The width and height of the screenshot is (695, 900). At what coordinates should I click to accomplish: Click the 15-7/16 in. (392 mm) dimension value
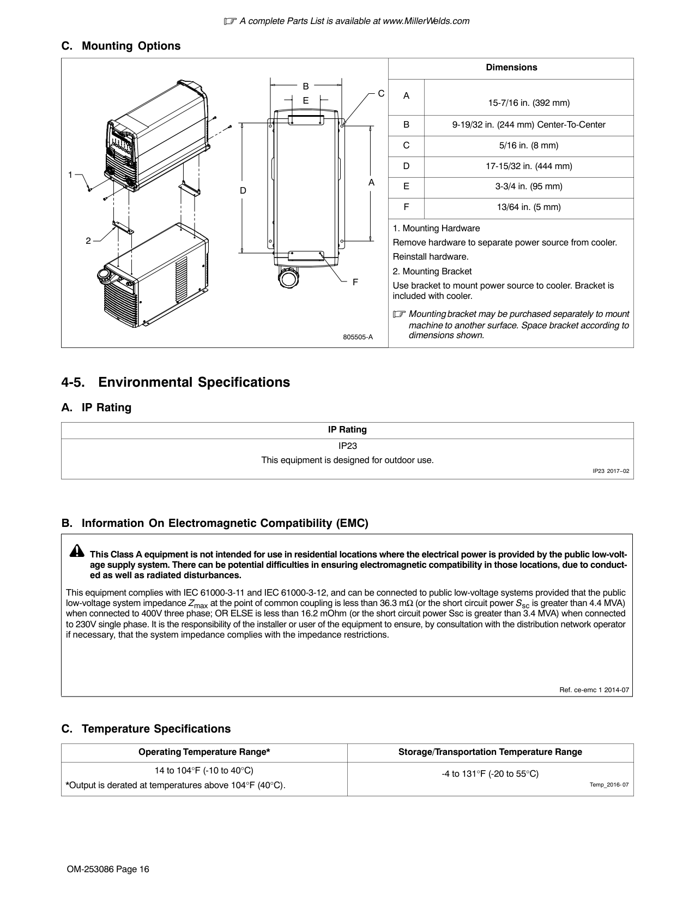(x=528, y=103)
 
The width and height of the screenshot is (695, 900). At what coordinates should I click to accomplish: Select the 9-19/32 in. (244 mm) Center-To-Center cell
(x=528, y=125)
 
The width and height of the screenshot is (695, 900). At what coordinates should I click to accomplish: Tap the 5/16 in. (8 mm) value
(x=528, y=146)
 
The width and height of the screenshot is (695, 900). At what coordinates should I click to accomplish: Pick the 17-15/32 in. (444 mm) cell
(x=528, y=166)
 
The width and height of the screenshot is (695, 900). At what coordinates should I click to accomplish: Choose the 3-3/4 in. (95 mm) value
(x=528, y=187)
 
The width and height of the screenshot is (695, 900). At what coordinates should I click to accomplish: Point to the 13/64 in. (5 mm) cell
(x=528, y=207)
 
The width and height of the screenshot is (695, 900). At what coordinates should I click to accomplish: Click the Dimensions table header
(x=511, y=68)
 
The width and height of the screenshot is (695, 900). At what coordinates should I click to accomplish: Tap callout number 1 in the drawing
(x=70, y=175)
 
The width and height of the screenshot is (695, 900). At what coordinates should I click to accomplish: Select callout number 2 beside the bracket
(x=88, y=241)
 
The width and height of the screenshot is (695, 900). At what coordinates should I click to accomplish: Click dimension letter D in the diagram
(x=243, y=191)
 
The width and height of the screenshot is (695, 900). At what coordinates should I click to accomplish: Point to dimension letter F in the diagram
(x=355, y=282)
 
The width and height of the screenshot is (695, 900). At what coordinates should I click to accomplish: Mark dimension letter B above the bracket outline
(x=306, y=86)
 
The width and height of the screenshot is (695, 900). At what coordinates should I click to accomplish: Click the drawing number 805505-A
(x=358, y=337)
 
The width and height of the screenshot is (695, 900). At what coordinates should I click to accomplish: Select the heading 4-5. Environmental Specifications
(x=176, y=382)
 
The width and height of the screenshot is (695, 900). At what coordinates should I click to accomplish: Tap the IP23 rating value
(x=347, y=446)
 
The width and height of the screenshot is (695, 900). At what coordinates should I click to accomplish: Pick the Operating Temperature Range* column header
(x=204, y=752)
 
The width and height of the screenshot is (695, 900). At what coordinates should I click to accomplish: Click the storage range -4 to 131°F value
(x=490, y=773)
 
